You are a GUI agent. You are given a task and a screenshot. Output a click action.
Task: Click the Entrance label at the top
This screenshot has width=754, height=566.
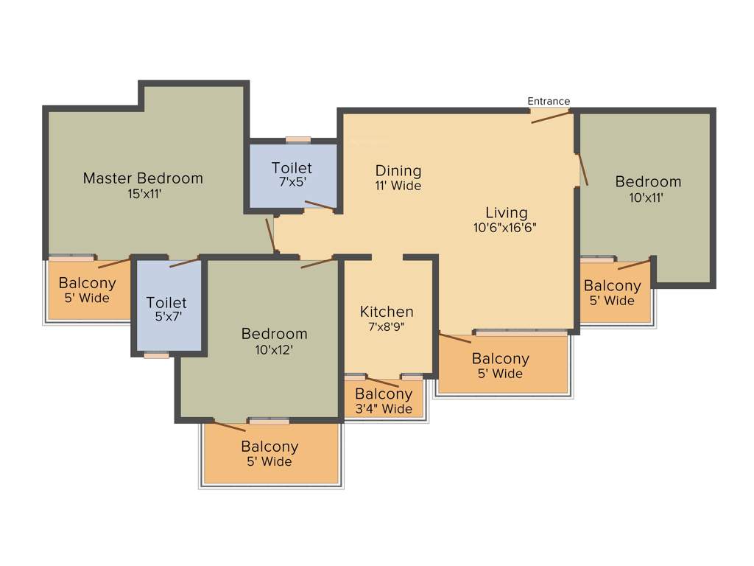[x=549, y=101]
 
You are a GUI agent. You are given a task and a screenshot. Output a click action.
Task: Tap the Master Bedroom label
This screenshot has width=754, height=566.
[x=143, y=178]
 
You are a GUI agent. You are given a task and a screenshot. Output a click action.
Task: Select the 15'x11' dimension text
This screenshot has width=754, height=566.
[x=143, y=195]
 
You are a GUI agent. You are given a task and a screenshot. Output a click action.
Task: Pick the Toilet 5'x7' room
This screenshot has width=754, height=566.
[x=166, y=310]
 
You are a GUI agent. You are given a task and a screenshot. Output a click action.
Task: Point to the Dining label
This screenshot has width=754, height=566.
[x=398, y=170]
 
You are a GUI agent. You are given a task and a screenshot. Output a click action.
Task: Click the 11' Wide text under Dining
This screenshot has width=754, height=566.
[x=398, y=186]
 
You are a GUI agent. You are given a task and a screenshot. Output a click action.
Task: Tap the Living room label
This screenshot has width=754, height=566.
[x=507, y=213]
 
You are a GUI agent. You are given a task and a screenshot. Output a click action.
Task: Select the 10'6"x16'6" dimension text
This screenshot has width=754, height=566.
[x=505, y=228]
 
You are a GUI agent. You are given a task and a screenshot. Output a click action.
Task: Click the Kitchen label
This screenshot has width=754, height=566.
[x=387, y=312]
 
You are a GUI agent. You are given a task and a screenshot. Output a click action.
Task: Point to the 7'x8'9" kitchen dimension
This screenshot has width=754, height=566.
[x=387, y=327]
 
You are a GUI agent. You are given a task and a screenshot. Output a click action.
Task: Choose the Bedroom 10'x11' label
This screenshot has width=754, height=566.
[x=648, y=181]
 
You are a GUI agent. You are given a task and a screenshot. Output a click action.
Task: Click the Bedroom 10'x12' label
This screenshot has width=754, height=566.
[x=274, y=334]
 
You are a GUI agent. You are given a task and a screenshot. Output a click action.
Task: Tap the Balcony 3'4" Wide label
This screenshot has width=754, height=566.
[x=384, y=401]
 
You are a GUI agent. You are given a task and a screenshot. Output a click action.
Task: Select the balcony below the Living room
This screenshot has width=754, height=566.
[x=501, y=366]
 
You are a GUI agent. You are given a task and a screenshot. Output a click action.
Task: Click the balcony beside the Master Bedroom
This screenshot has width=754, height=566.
[x=88, y=290]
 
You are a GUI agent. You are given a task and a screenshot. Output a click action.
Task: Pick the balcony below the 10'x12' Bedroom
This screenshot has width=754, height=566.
[x=269, y=453]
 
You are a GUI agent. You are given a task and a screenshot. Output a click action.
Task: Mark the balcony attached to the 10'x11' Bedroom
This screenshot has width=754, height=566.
[x=613, y=293]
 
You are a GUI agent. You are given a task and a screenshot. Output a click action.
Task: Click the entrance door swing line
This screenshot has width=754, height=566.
[x=550, y=117]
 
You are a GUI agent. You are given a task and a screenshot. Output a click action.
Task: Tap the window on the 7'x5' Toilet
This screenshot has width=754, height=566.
[x=297, y=139]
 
